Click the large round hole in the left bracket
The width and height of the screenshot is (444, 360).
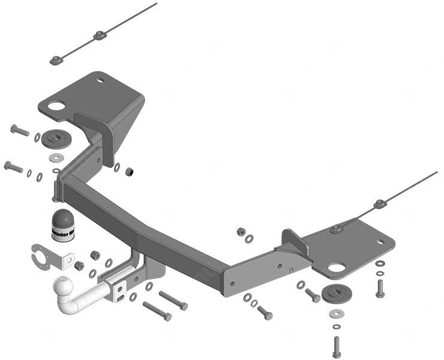click(56, 106)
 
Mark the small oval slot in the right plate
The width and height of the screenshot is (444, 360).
click(380, 242)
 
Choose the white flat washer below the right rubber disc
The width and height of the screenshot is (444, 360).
click(336, 314)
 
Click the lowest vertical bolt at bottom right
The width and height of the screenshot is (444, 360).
click(336, 346)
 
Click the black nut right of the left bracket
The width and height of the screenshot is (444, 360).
click(128, 173)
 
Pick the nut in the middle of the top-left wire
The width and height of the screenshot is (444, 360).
click(98, 35)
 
